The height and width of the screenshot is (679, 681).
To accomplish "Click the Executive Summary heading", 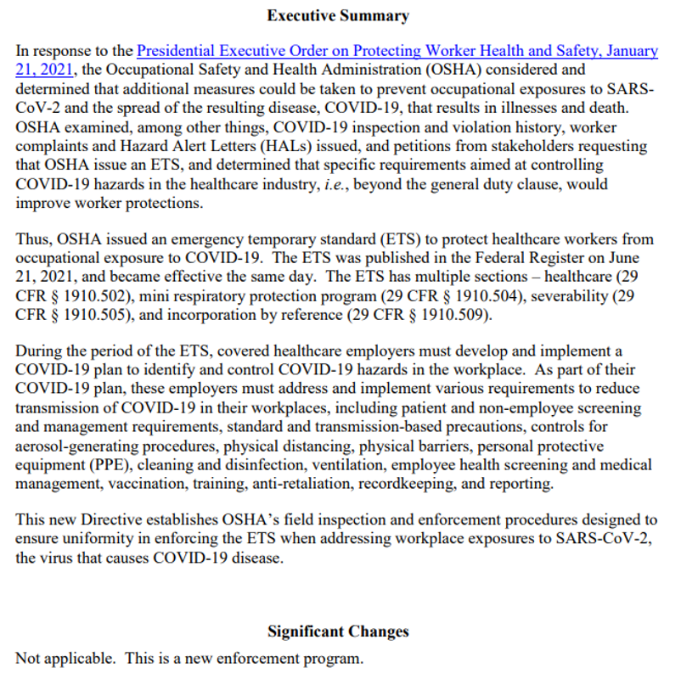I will [x=338, y=15].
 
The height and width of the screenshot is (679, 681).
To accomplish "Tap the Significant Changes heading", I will [x=338, y=631].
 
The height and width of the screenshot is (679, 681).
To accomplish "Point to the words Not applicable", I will [x=56, y=659].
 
